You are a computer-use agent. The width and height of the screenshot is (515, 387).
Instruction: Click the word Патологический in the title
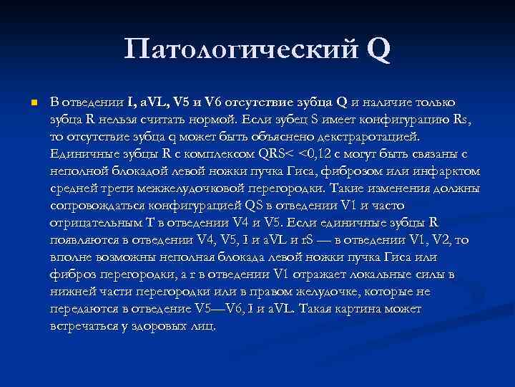240,50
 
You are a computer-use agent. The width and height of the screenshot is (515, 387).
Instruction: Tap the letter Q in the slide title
379,49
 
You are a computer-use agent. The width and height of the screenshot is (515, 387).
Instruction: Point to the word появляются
84,240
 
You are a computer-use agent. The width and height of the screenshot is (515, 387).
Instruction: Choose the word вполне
71,257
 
